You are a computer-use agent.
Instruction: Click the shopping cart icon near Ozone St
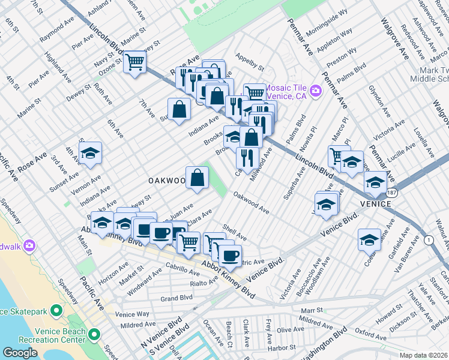135,61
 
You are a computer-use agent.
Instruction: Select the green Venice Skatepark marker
56,311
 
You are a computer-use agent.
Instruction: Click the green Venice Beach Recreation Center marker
94,334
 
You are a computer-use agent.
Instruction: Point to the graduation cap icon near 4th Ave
90,154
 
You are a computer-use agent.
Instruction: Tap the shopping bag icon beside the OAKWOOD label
197,178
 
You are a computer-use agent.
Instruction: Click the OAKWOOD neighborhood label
166,181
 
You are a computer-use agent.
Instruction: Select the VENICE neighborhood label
376,204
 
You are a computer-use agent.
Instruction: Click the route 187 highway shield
391,192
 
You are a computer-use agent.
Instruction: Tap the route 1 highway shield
429,240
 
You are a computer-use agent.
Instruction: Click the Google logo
20,352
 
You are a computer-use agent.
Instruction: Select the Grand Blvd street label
176,298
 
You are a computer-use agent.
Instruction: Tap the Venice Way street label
134,313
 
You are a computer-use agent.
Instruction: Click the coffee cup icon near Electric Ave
229,256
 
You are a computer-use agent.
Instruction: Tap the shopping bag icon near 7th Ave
179,109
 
